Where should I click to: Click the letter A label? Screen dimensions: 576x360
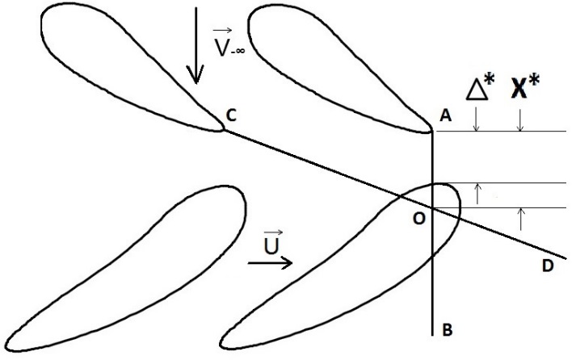click(446, 115)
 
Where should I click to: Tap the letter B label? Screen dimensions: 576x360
click(447, 330)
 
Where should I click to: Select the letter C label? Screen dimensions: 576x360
click(231, 115)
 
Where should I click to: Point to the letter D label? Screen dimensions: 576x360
click(548, 266)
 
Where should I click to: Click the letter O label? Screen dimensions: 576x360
click(419, 219)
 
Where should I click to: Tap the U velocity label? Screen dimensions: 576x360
click(272, 243)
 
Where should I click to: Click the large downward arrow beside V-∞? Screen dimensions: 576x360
click(196, 45)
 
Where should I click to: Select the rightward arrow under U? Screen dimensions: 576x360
click(270, 263)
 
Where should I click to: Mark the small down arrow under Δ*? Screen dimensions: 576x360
click(477, 119)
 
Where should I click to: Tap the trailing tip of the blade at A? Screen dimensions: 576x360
click(433, 130)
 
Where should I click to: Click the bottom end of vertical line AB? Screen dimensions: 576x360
click(433, 335)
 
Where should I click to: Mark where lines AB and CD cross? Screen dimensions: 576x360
click(433, 208)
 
